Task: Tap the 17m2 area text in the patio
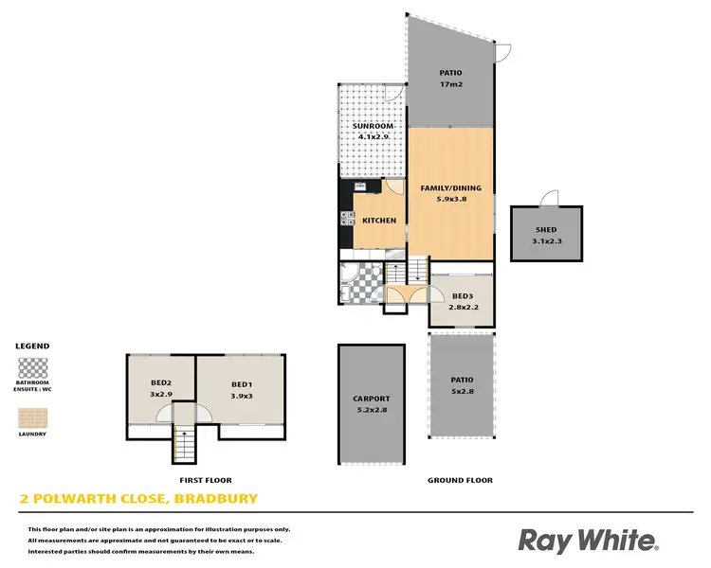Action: pyautogui.click(x=449, y=85)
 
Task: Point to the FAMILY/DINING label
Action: pyautogui.click(x=450, y=188)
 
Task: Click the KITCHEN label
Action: pyautogui.click(x=379, y=221)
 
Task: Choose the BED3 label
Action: pyautogui.click(x=462, y=296)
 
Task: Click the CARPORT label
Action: pyautogui.click(x=371, y=399)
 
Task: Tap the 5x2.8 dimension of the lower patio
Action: pyautogui.click(x=462, y=391)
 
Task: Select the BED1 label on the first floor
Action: pyautogui.click(x=241, y=383)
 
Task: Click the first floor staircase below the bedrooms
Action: pyautogui.click(x=183, y=445)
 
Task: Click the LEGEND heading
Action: pyautogui.click(x=32, y=346)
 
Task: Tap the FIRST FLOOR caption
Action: pyautogui.click(x=206, y=480)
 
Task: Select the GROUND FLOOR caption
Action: pyautogui.click(x=461, y=480)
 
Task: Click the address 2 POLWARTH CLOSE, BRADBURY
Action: pyautogui.click(x=138, y=498)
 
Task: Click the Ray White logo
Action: pyautogui.click(x=587, y=541)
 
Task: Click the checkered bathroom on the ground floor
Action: pyautogui.click(x=358, y=282)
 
